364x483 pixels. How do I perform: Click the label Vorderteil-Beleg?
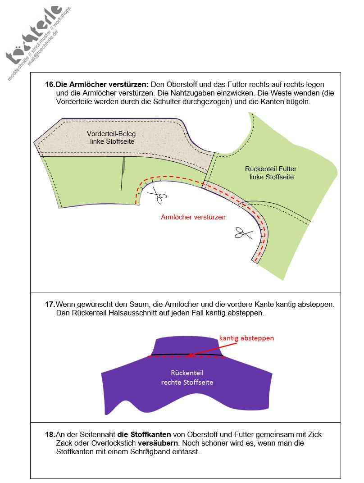111,134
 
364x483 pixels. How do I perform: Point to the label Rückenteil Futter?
271,169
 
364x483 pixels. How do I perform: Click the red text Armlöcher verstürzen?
193,217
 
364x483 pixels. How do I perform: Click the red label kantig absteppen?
246,337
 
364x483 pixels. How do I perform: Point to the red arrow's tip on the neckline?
188,355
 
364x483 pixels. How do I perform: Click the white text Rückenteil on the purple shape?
187,374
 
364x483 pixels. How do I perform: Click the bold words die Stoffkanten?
144,435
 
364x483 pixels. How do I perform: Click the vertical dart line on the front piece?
123,174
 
